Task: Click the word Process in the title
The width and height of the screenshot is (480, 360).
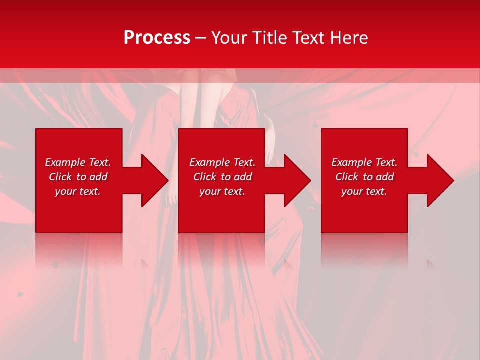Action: point(157,38)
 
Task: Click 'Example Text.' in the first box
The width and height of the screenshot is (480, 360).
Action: point(78,162)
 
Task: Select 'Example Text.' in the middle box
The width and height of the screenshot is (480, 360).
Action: point(222,162)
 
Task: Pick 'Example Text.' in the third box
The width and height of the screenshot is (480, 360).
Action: point(364,162)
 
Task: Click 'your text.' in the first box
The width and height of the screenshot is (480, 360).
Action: point(78,191)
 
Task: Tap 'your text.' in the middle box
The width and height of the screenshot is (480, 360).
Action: point(222,191)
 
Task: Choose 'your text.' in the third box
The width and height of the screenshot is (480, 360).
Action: point(364,191)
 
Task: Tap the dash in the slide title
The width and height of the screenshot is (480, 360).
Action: point(200,38)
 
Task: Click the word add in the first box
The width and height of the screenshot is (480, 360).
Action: point(98,177)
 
